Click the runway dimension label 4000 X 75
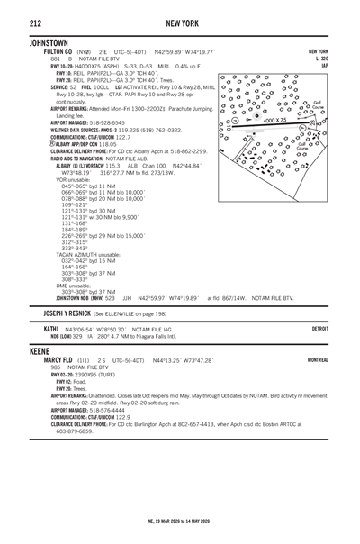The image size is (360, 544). click(x=275, y=118)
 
